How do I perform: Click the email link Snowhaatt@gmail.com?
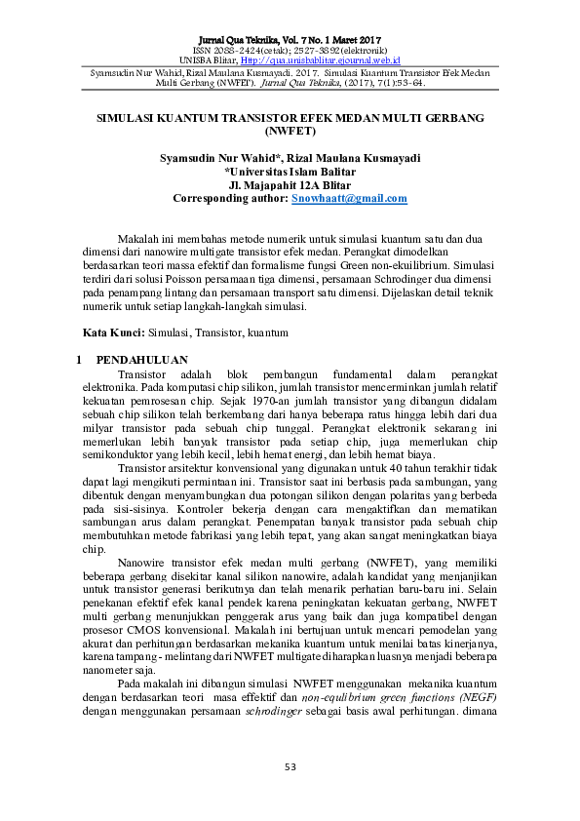tap(349, 198)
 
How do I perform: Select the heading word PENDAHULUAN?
tap(141, 360)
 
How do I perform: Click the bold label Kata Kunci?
tap(107, 332)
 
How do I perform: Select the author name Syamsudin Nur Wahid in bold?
tap(215, 158)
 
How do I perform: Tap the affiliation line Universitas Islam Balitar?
tap(290, 172)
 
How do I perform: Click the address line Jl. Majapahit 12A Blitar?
tap(290, 184)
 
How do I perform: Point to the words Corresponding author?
tap(230, 198)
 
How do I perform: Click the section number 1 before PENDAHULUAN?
tap(79, 360)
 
